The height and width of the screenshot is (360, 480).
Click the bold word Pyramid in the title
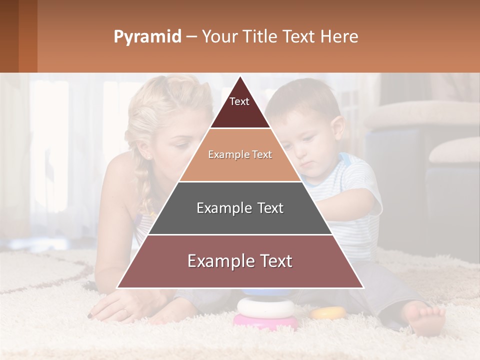[147, 37]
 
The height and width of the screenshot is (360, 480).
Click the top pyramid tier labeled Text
[240, 107]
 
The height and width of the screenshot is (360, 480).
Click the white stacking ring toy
[266, 306]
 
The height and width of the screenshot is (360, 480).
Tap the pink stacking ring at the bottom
[266, 322]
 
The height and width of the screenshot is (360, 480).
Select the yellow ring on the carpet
[328, 313]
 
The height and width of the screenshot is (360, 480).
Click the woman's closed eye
[181, 144]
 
